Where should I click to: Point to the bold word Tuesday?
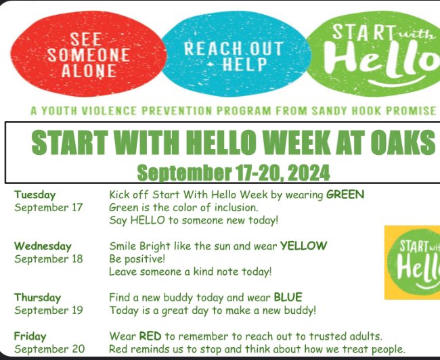pyautogui.click(x=35, y=195)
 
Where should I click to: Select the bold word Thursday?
pyautogui.click(x=37, y=297)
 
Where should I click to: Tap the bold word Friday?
pyautogui.click(x=30, y=336)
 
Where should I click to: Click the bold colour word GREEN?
pyautogui.click(x=345, y=195)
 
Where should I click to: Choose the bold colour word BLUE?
pyautogui.click(x=288, y=297)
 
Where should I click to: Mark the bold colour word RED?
pyautogui.click(x=150, y=336)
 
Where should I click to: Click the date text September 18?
pyautogui.click(x=49, y=258)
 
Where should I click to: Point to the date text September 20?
pyautogui.click(x=49, y=349)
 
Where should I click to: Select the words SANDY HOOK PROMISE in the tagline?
pyautogui.click(x=383, y=110)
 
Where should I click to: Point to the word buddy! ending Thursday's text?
pyautogui.click(x=299, y=311)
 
